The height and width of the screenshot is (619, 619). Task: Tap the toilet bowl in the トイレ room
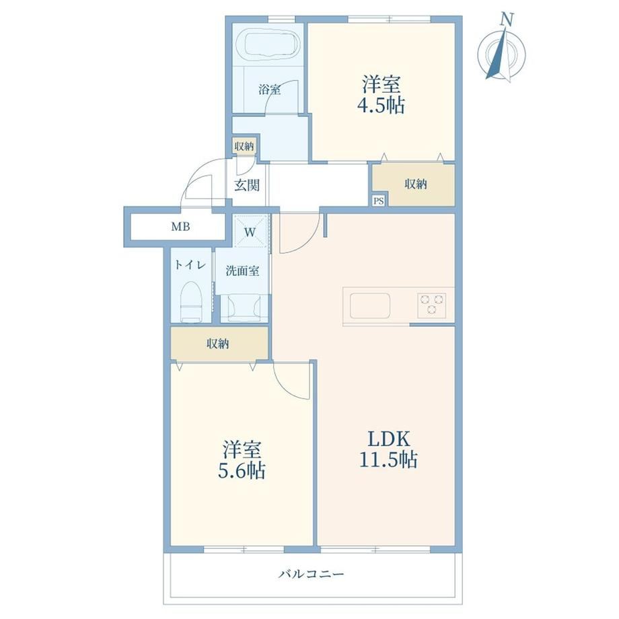point(192,301)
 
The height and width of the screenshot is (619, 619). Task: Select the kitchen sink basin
point(370,305)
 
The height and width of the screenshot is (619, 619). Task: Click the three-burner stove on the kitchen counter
point(432,305)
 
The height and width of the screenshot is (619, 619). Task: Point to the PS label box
point(379,201)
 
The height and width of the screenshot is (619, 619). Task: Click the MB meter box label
point(180,227)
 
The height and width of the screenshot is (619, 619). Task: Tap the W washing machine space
point(250,232)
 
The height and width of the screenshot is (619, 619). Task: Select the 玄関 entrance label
point(247,185)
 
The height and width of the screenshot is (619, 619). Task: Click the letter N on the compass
point(507,20)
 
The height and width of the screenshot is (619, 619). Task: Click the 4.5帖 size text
point(381,105)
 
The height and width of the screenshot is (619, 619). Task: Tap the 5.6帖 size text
point(242,470)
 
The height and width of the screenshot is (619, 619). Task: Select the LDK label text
point(389,439)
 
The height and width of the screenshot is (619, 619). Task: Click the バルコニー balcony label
point(312,574)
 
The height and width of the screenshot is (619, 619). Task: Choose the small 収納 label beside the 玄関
point(244,146)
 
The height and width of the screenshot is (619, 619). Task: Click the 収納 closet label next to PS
point(416,184)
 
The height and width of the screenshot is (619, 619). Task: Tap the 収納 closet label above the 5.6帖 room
point(218,344)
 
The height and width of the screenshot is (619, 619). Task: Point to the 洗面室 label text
point(242,270)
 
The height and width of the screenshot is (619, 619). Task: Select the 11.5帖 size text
point(388,460)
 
